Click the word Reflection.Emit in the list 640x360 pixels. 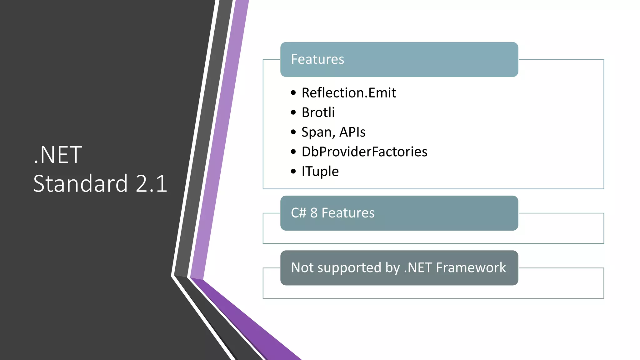point(349,93)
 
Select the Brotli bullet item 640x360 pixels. point(318,112)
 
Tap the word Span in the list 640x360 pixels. point(316,132)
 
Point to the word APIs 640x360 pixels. point(352,132)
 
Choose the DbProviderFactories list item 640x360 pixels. point(364,152)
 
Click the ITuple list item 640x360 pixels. point(320,172)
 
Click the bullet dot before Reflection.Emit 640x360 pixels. point(293,93)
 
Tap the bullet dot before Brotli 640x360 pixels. point(293,112)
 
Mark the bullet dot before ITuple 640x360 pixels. point(293,171)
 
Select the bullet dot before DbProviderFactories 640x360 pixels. point(293,152)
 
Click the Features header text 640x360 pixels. point(317,59)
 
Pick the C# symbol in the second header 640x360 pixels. point(298,213)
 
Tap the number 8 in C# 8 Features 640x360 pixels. point(314,213)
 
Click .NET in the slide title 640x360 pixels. point(58,155)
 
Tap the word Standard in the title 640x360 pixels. point(81,183)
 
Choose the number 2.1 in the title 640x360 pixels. point(152,183)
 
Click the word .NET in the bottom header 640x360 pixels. point(418,268)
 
